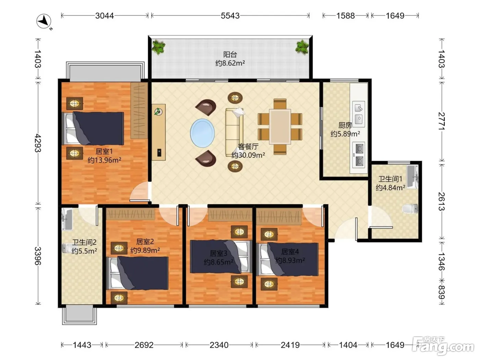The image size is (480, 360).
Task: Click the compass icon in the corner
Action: [x=44, y=21]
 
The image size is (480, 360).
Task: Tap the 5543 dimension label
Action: [x=230, y=16]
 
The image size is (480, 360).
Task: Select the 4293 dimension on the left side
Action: [x=38, y=143]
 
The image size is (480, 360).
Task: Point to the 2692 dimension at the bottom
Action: [x=144, y=345]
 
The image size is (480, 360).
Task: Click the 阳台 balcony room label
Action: [x=230, y=54]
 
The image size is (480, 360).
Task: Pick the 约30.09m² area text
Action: [x=248, y=155]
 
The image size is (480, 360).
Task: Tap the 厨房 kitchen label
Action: [x=345, y=125]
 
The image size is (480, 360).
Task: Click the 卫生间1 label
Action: [x=390, y=179]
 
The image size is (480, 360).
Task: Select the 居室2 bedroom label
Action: [x=145, y=241]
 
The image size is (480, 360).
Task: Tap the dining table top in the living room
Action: [x=280, y=127]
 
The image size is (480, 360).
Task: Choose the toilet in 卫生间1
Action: [x=410, y=209]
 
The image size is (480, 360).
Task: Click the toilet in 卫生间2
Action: [x=67, y=248]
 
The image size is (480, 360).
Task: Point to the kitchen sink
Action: [x=359, y=114]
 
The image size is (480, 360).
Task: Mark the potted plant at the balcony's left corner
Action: [x=158, y=47]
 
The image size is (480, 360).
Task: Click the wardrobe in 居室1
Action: [x=139, y=110]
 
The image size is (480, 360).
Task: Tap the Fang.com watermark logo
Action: [x=443, y=346]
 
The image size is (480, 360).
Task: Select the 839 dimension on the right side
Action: [x=442, y=292]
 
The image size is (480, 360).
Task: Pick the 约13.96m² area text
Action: [x=105, y=160]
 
